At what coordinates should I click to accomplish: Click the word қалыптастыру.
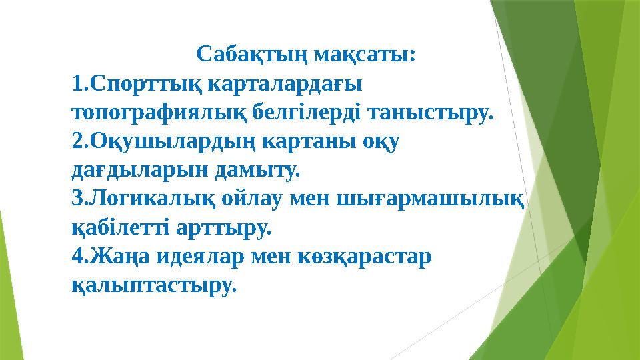tap(154, 287)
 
